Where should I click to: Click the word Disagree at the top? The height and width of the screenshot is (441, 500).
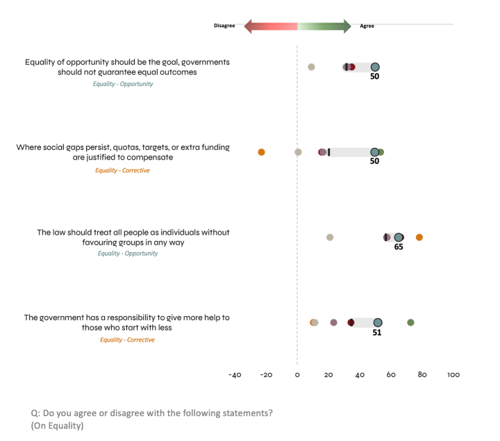point(224,26)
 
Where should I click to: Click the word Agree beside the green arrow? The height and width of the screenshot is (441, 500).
point(367,26)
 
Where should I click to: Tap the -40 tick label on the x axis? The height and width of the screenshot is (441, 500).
point(235,375)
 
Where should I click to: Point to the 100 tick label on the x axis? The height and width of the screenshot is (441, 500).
point(453,375)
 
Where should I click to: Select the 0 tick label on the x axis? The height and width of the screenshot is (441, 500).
point(297,375)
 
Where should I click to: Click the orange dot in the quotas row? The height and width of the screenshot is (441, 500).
point(261,152)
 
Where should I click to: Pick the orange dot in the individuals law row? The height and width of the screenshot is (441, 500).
point(419,238)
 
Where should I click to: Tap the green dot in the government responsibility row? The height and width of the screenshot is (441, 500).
point(410,322)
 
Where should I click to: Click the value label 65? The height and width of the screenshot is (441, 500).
point(399,247)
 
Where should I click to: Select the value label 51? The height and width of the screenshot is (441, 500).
point(377,332)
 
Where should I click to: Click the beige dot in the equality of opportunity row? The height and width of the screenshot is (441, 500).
point(311,67)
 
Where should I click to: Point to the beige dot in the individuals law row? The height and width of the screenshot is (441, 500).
point(330,238)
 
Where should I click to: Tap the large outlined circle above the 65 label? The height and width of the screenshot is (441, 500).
point(399,238)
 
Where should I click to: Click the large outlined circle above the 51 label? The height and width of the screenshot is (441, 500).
point(378,322)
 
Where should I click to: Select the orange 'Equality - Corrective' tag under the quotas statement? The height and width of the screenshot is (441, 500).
point(122,170)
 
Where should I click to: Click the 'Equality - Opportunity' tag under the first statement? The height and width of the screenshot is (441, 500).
point(123,84)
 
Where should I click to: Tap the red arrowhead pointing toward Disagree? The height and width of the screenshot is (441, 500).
point(249,26)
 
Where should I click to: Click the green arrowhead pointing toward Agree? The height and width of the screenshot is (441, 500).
point(346,26)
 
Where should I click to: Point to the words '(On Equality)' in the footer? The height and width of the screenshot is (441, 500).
point(57,426)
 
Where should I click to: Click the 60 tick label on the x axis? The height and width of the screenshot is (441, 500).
point(391,375)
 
